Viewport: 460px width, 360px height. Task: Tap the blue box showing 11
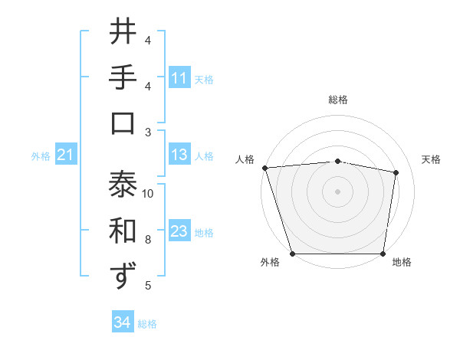click(x=179, y=78)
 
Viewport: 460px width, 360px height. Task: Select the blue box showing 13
click(x=179, y=155)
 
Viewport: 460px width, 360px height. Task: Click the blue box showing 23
click(x=179, y=232)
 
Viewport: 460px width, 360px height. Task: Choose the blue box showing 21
click(x=65, y=155)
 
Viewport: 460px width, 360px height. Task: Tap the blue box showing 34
click(x=122, y=323)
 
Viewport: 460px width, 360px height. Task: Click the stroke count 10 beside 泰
click(x=148, y=194)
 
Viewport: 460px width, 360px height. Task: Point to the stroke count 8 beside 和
click(x=148, y=240)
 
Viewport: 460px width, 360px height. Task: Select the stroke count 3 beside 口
click(x=148, y=133)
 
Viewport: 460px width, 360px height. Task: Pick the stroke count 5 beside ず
click(x=148, y=286)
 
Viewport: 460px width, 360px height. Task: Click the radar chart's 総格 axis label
click(x=338, y=100)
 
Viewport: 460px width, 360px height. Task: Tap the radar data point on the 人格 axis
click(x=264, y=168)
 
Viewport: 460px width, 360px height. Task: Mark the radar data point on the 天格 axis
click(x=396, y=172)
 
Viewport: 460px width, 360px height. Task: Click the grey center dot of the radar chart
click(x=338, y=191)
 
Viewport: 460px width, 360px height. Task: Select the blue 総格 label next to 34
click(x=147, y=324)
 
